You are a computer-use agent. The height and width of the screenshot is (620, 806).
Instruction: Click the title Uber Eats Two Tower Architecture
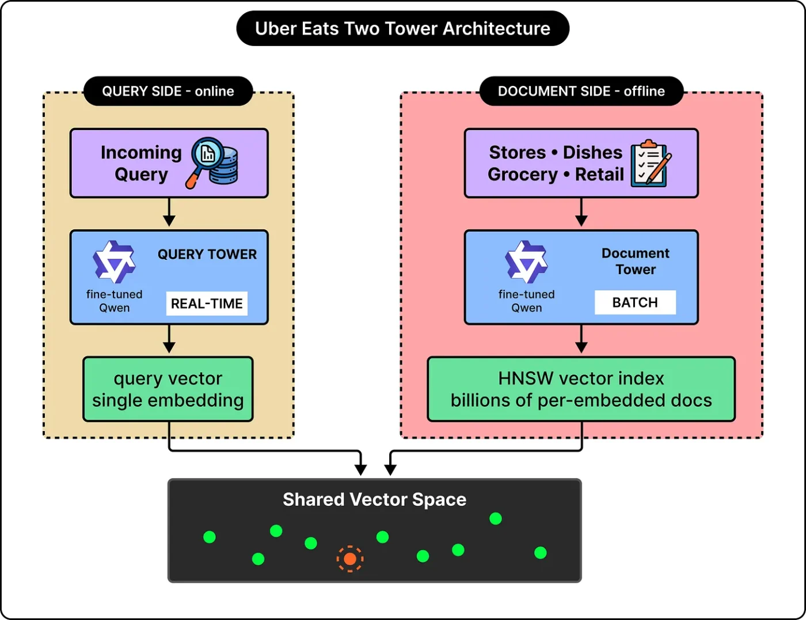pos(402,29)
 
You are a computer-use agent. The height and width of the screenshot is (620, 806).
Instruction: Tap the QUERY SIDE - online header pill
pos(168,91)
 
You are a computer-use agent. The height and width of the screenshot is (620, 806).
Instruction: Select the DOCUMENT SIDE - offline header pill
pos(581,91)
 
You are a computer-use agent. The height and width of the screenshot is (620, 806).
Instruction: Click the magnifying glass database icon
pos(212,163)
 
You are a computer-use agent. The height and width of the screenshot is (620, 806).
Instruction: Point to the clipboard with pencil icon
pos(651,163)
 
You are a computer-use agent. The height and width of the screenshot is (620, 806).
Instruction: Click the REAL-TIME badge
pos(207,303)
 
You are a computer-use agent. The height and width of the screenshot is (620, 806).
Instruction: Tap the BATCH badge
pos(635,302)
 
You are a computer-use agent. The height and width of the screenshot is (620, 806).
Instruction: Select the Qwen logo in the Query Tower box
pos(114,262)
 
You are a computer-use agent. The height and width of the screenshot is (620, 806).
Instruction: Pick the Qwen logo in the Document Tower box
pos(526,262)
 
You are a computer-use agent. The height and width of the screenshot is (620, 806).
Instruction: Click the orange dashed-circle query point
pos(350,558)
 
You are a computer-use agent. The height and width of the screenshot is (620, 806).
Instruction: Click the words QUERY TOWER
pos(207,254)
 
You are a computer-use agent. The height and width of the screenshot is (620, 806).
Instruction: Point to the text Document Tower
pos(636,261)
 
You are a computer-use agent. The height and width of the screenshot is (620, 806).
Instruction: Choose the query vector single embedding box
pos(168,389)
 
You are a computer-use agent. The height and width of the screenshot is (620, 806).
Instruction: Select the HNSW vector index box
pos(581,389)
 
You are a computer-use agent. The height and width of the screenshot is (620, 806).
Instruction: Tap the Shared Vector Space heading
pos(375,500)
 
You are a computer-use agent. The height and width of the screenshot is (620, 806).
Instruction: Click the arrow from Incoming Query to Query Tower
pos(169,212)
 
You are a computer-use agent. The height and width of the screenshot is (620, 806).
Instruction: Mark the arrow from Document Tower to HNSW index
pos(581,339)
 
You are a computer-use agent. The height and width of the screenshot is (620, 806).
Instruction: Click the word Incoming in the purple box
pos(141,152)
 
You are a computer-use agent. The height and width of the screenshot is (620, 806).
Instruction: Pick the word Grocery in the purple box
pos(523,174)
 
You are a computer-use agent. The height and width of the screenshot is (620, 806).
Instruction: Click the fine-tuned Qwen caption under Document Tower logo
pos(526,301)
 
